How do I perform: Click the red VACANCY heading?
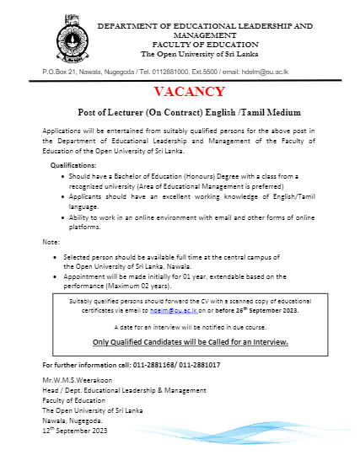click(190, 91)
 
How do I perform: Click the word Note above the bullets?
click(50, 242)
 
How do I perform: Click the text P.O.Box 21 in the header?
click(59, 72)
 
